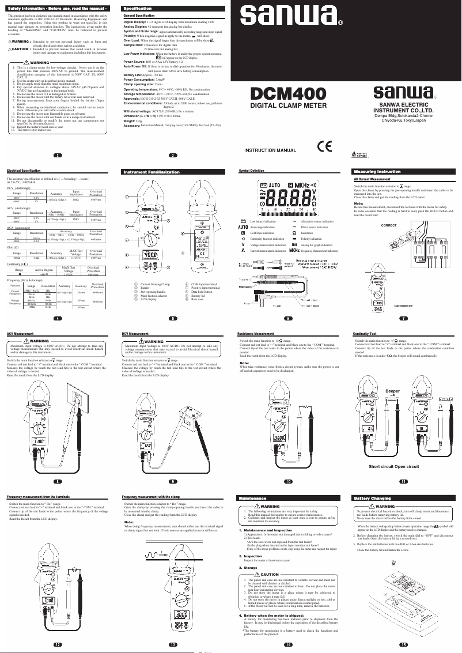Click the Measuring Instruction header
[377, 172]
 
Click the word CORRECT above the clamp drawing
[389, 224]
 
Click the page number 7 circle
[403, 318]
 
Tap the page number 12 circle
[57, 644]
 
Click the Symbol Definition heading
[252, 171]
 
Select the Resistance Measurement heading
[256, 334]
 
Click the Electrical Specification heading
[23, 171]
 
